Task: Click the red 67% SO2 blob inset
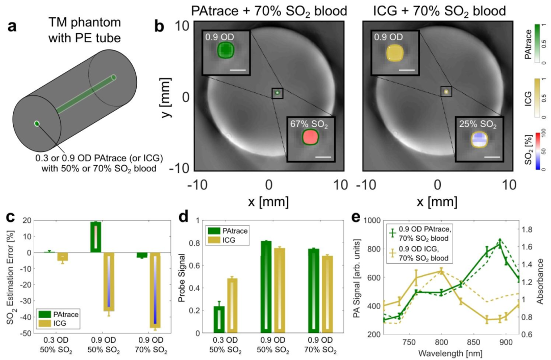(310, 137)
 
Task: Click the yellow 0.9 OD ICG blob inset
(394, 52)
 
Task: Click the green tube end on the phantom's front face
(36, 123)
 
